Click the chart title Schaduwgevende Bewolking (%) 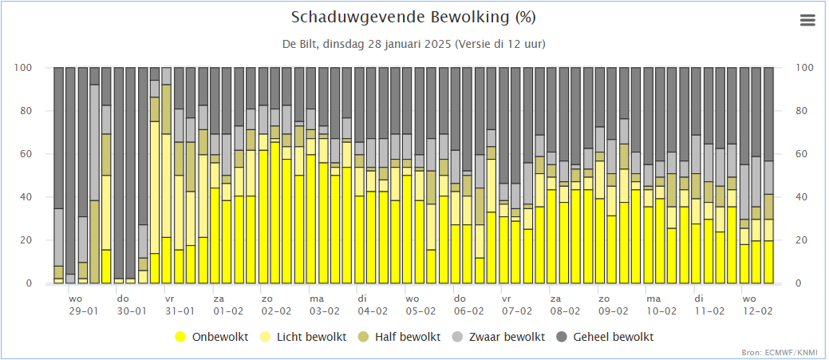pyautogui.click(x=413, y=18)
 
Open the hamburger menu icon pyautogui.click(x=807, y=20)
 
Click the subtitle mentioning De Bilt pyautogui.click(x=413, y=45)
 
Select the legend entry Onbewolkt pyautogui.click(x=211, y=337)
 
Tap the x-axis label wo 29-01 pyautogui.click(x=84, y=305)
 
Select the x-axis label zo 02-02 pyautogui.click(x=276, y=305)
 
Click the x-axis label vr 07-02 pyautogui.click(x=516, y=305)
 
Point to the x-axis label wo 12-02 pyautogui.click(x=756, y=305)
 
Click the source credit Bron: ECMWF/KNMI pyautogui.click(x=789, y=352)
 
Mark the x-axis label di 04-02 pyautogui.click(x=372, y=305)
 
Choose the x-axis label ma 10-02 pyautogui.click(x=661, y=305)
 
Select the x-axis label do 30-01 pyautogui.click(x=131, y=305)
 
